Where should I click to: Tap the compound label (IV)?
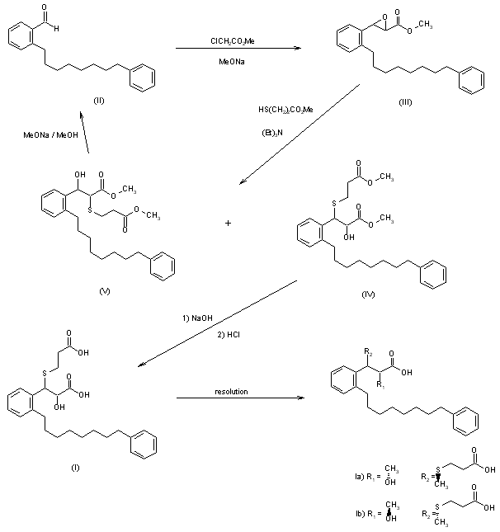367,294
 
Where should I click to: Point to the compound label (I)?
76,467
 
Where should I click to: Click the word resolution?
232,391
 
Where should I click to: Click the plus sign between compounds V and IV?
229,224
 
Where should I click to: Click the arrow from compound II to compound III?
238,49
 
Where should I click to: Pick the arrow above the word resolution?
238,400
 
